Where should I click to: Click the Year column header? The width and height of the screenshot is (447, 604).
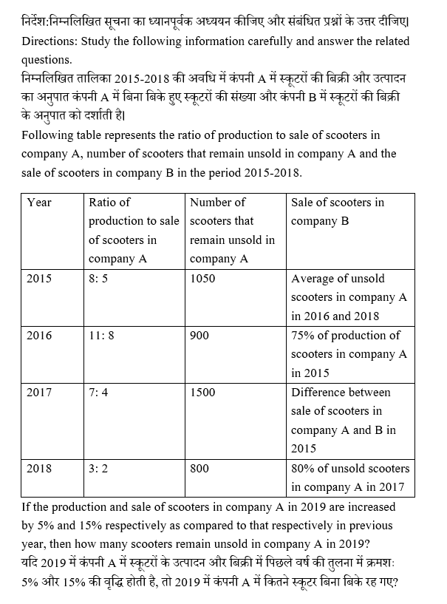pos(39,202)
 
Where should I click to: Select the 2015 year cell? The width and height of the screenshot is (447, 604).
pos(39,279)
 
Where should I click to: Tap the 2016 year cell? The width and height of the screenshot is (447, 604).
pos(39,335)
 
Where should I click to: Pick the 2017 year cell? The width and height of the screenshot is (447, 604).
pos(39,392)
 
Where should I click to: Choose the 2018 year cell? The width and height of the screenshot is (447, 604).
pos(39,468)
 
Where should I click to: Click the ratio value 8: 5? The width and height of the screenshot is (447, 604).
pos(100,279)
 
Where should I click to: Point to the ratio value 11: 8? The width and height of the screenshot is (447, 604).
pos(102,335)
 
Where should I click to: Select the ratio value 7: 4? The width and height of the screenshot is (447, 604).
pos(98,392)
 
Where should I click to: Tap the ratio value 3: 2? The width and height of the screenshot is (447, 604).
pos(98,468)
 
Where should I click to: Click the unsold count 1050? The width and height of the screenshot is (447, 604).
pos(202,279)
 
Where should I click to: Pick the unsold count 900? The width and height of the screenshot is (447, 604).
pos(199,335)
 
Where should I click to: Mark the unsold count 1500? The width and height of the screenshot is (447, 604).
pos(202,392)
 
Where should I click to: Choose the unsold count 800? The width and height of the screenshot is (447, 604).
pos(199,468)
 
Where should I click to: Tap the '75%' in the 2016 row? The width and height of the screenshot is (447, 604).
pos(304,335)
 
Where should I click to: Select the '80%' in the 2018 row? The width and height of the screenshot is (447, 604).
pos(304,468)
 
